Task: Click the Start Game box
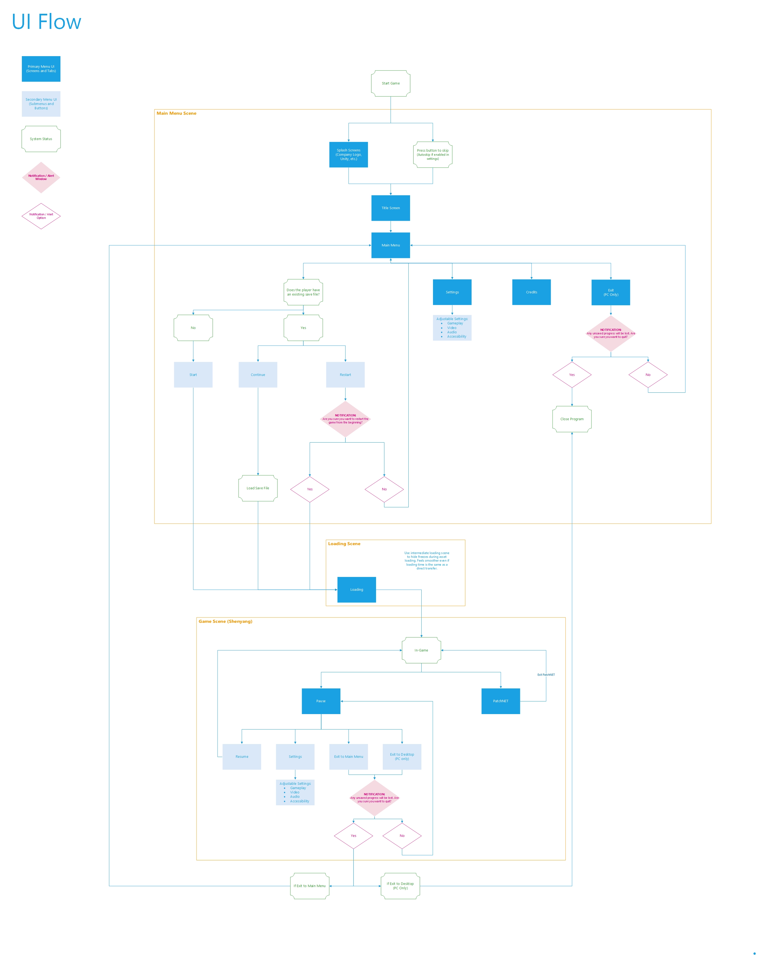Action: coord(390,83)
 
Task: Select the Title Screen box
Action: coord(390,208)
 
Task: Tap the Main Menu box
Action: coord(390,245)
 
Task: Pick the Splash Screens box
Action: coord(349,155)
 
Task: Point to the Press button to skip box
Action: coord(432,155)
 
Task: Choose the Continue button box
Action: coord(258,375)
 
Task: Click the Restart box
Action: coord(345,375)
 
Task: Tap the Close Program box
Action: coord(571,419)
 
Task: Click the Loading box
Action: coord(357,589)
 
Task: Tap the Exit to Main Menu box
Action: coord(349,756)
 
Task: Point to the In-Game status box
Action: coord(421,650)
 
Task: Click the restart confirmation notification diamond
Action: coord(345,419)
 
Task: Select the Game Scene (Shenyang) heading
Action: coord(225,621)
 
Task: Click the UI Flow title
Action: coord(46,22)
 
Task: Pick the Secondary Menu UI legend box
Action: coord(41,104)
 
